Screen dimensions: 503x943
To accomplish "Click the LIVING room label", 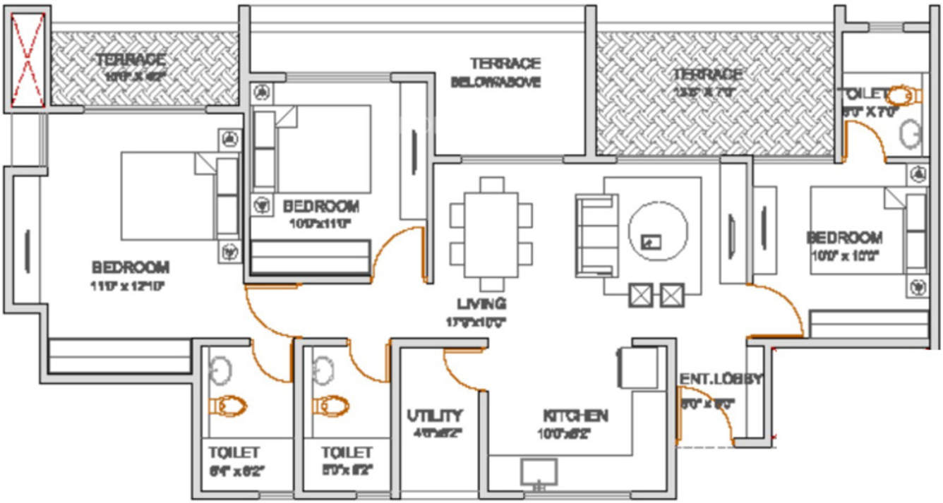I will coord(481,304).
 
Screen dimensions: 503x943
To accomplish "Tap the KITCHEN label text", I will coord(575,415).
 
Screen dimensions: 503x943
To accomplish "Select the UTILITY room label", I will coord(434,415).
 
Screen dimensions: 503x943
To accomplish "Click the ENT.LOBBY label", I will coord(721,380).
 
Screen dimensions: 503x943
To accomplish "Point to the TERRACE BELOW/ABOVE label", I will coord(495,73).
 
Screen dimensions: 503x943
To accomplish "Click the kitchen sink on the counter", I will coord(539,472).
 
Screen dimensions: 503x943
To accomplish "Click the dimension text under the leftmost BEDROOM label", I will coord(131,285).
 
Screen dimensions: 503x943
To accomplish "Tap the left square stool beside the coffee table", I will coord(640,295).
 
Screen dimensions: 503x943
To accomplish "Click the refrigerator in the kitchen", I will coord(635,367).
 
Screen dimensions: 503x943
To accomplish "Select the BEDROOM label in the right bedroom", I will coord(844,238).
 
